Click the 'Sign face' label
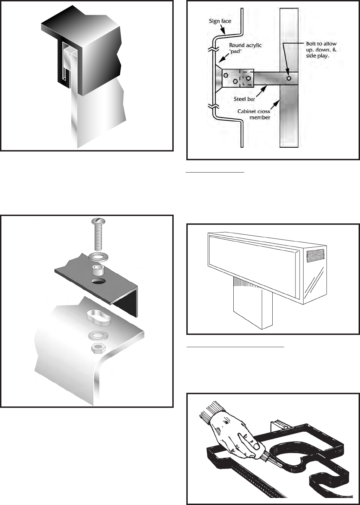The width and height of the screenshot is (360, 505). click(x=220, y=21)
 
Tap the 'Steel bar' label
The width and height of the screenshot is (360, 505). click(x=244, y=99)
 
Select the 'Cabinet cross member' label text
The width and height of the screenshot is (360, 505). click(x=254, y=114)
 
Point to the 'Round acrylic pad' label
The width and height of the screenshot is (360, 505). click(x=245, y=48)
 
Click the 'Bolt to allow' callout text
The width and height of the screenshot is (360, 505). click(x=321, y=43)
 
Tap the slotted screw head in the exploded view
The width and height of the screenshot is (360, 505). click(x=98, y=221)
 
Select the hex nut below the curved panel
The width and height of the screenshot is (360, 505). click(x=98, y=348)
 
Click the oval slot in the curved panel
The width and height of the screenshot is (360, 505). click(x=99, y=317)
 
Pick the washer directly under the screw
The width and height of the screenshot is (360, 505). click(x=98, y=257)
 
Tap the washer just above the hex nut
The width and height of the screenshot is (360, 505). click(x=98, y=336)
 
